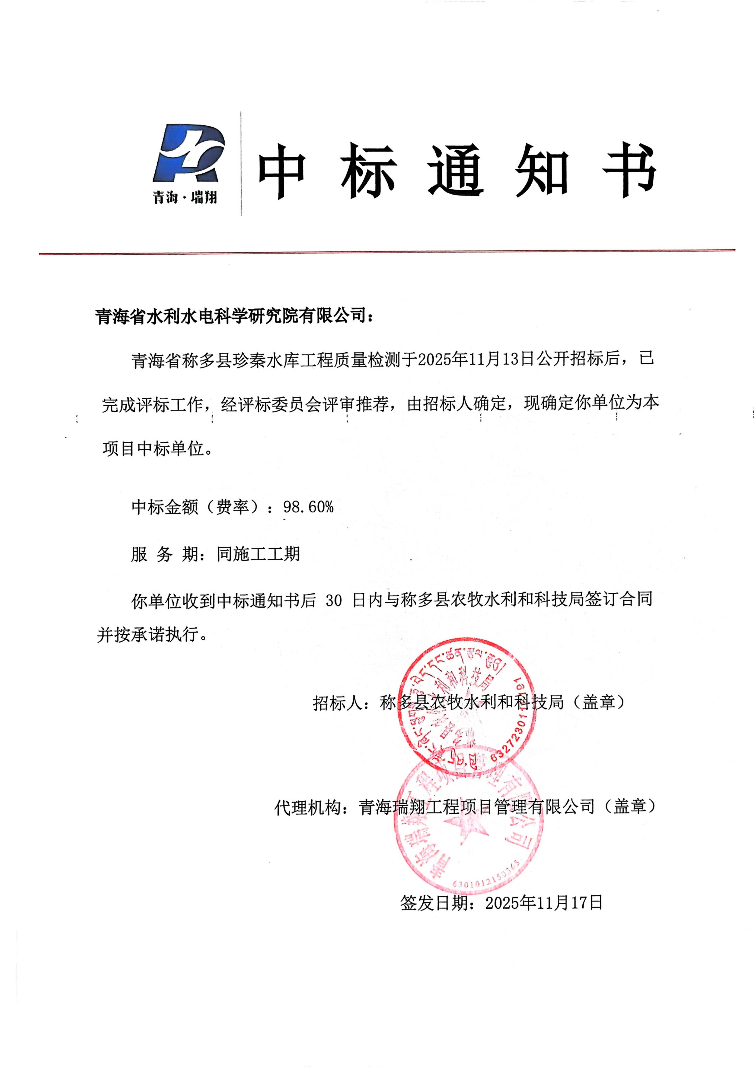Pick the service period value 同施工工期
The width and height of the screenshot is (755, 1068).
pyautogui.click(x=258, y=554)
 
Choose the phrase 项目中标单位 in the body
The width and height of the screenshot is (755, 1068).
pyautogui.click(x=153, y=448)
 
